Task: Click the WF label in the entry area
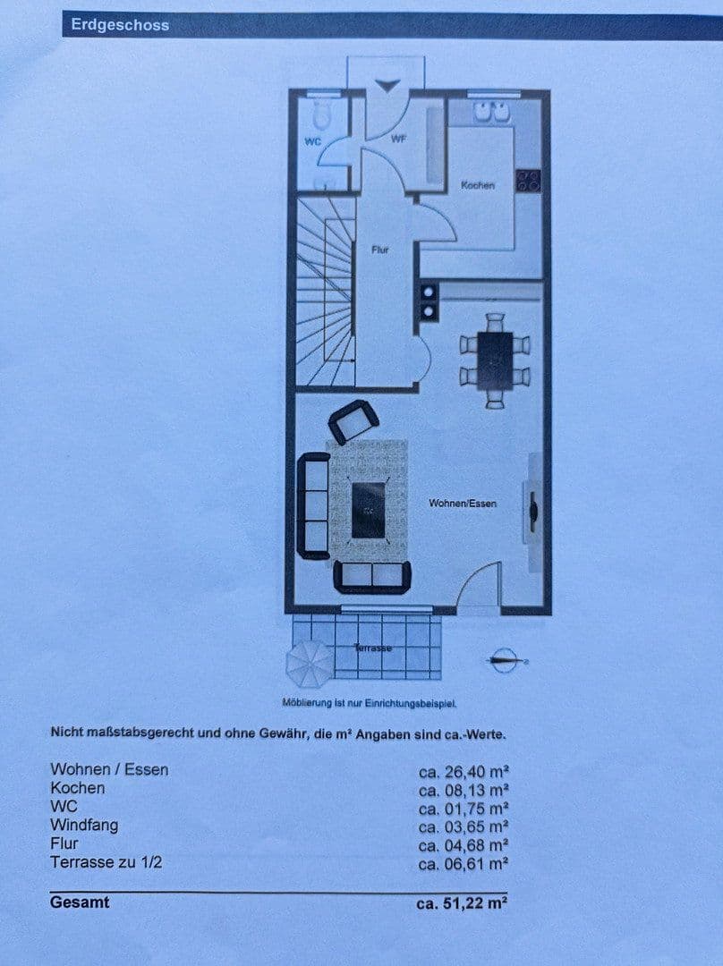pyautogui.click(x=399, y=139)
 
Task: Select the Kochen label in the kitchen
pyautogui.click(x=478, y=185)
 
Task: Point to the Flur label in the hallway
pyautogui.click(x=380, y=250)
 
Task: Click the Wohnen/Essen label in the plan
pyautogui.click(x=463, y=504)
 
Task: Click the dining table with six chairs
pyautogui.click(x=495, y=360)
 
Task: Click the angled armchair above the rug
pyautogui.click(x=353, y=421)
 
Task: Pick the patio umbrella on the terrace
pyautogui.click(x=309, y=662)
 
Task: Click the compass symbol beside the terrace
pyautogui.click(x=506, y=660)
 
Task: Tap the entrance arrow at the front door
pyautogui.click(x=388, y=85)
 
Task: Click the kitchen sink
pyautogui.click(x=492, y=112)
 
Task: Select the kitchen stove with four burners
pyautogui.click(x=528, y=182)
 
